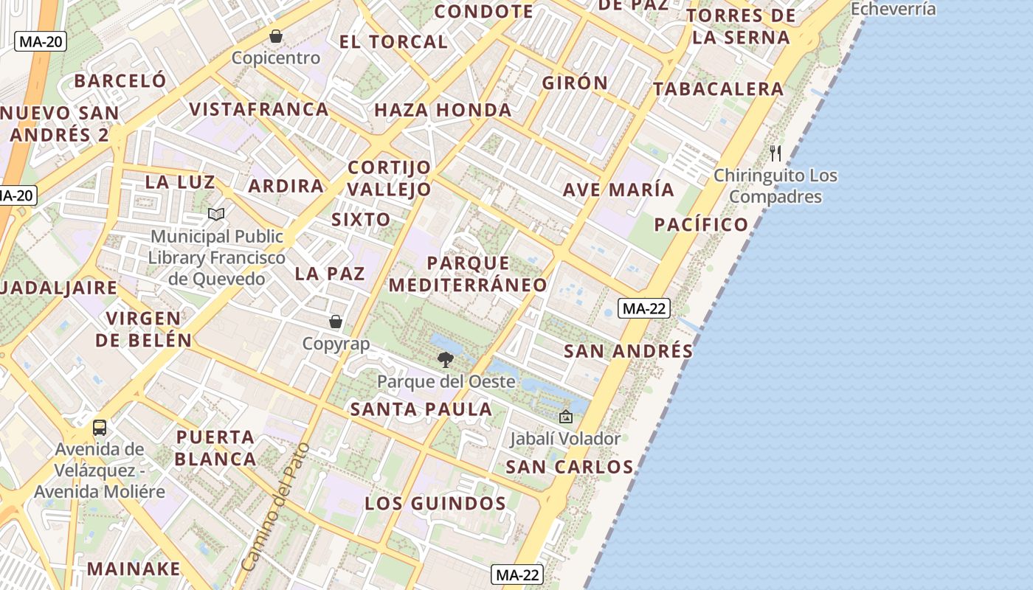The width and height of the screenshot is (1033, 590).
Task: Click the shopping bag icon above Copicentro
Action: click(276, 36)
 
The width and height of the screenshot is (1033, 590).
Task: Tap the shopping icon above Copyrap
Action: click(336, 322)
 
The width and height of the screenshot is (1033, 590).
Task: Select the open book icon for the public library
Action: click(216, 214)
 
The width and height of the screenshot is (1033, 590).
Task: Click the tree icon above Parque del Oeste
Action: click(445, 360)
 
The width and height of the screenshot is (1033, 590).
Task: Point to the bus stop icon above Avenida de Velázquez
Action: click(100, 427)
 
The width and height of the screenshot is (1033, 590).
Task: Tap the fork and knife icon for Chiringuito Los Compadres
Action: click(775, 153)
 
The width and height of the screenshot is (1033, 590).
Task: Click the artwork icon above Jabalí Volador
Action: click(566, 417)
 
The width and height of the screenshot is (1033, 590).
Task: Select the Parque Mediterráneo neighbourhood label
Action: click(468, 274)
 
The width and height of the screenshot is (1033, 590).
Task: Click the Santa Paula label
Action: click(421, 409)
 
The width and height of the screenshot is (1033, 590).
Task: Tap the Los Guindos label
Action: click(435, 504)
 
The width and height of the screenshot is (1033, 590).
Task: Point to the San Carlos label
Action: click(569, 467)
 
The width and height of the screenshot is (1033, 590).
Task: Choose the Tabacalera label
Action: click(717, 89)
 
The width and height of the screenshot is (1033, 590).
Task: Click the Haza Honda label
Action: click(443, 111)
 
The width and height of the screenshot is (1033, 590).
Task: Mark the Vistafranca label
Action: click(258, 110)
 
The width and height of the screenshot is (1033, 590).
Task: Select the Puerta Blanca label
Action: click(215, 448)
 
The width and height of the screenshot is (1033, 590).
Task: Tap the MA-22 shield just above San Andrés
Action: click(644, 308)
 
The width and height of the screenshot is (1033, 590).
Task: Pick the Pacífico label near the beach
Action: click(701, 225)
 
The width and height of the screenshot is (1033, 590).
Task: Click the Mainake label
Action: click(134, 569)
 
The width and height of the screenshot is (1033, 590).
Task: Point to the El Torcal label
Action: click(393, 42)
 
